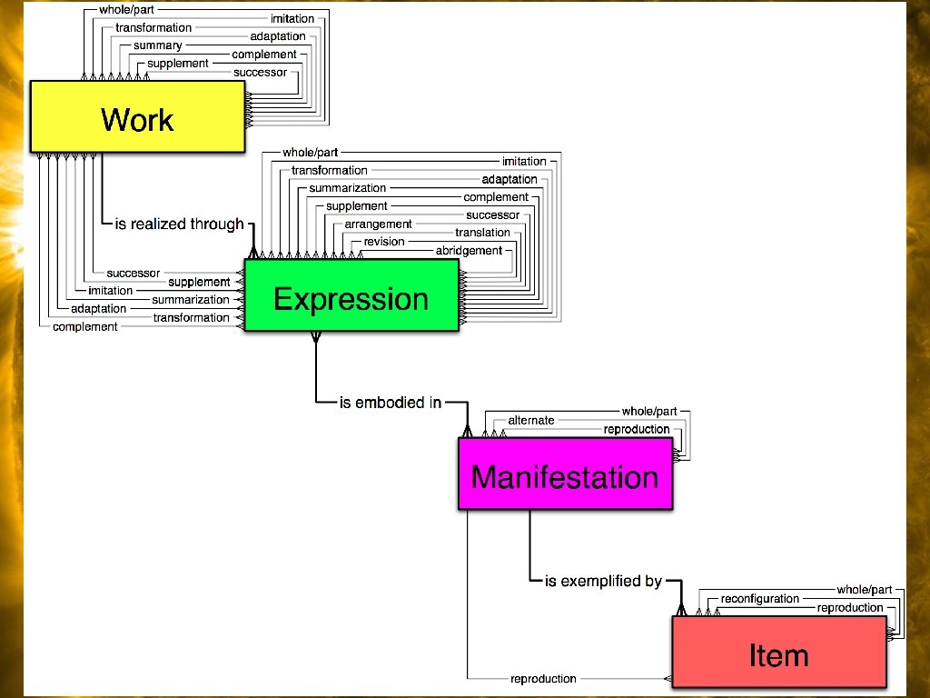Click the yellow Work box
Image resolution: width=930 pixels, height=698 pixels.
tap(137, 118)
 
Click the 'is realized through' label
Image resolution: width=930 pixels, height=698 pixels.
tap(179, 224)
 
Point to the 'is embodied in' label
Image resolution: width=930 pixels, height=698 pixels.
tap(391, 402)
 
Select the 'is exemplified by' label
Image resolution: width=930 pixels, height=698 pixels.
tap(603, 580)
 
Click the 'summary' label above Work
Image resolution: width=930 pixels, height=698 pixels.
tap(158, 45)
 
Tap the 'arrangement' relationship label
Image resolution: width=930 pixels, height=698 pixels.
tap(378, 224)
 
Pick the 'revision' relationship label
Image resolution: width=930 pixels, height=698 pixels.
tap(384, 242)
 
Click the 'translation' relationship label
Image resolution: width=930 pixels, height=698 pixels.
tap(482, 233)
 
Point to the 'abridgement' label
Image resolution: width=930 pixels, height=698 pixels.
tap(469, 251)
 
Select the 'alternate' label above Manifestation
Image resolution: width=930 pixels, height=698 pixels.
tap(531, 420)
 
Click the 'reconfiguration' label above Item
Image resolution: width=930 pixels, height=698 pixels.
tap(760, 598)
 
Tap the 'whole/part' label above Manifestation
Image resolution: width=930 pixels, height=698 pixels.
tap(649, 411)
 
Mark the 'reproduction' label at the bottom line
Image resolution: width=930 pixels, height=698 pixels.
tap(543, 678)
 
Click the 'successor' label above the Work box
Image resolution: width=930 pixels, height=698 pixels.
tap(260, 72)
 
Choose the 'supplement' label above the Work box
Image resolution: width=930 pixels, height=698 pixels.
tap(178, 64)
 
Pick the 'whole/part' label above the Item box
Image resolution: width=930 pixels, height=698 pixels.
tap(865, 590)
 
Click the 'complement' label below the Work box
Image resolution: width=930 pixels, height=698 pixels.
tap(85, 326)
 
